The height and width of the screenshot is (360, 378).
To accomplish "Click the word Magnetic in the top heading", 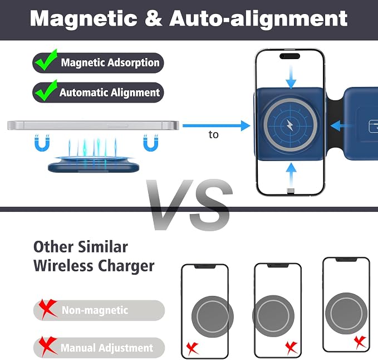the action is [84, 19].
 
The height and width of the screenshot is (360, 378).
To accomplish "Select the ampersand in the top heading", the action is [154, 18].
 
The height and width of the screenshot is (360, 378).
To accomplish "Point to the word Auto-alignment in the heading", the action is [258, 19].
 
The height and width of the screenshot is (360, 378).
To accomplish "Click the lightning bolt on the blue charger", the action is [290, 125].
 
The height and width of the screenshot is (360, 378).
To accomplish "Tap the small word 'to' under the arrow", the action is [214, 135].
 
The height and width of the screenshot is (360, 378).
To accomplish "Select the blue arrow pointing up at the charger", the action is [291, 174].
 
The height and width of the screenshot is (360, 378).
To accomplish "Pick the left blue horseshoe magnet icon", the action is [42, 143].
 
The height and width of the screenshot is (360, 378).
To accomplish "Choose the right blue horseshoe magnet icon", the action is [151, 143].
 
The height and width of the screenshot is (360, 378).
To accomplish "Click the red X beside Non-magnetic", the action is [47, 309].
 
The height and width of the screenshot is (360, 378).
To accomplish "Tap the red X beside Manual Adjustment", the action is [47, 347].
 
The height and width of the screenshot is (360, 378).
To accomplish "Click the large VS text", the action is [190, 205].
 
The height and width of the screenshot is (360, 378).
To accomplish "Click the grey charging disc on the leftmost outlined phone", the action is [213, 317].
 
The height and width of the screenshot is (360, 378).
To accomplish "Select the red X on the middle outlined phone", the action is [292, 348].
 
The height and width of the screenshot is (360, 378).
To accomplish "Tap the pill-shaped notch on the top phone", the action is [290, 56].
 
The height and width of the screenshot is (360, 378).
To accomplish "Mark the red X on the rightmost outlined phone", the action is [360, 342].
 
